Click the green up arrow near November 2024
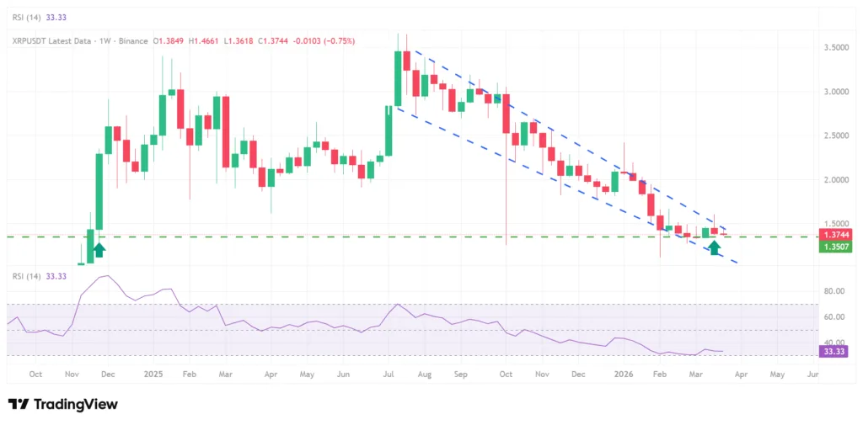tap(99, 248)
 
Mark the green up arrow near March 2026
tap(715, 247)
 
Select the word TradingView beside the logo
tap(75, 405)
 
